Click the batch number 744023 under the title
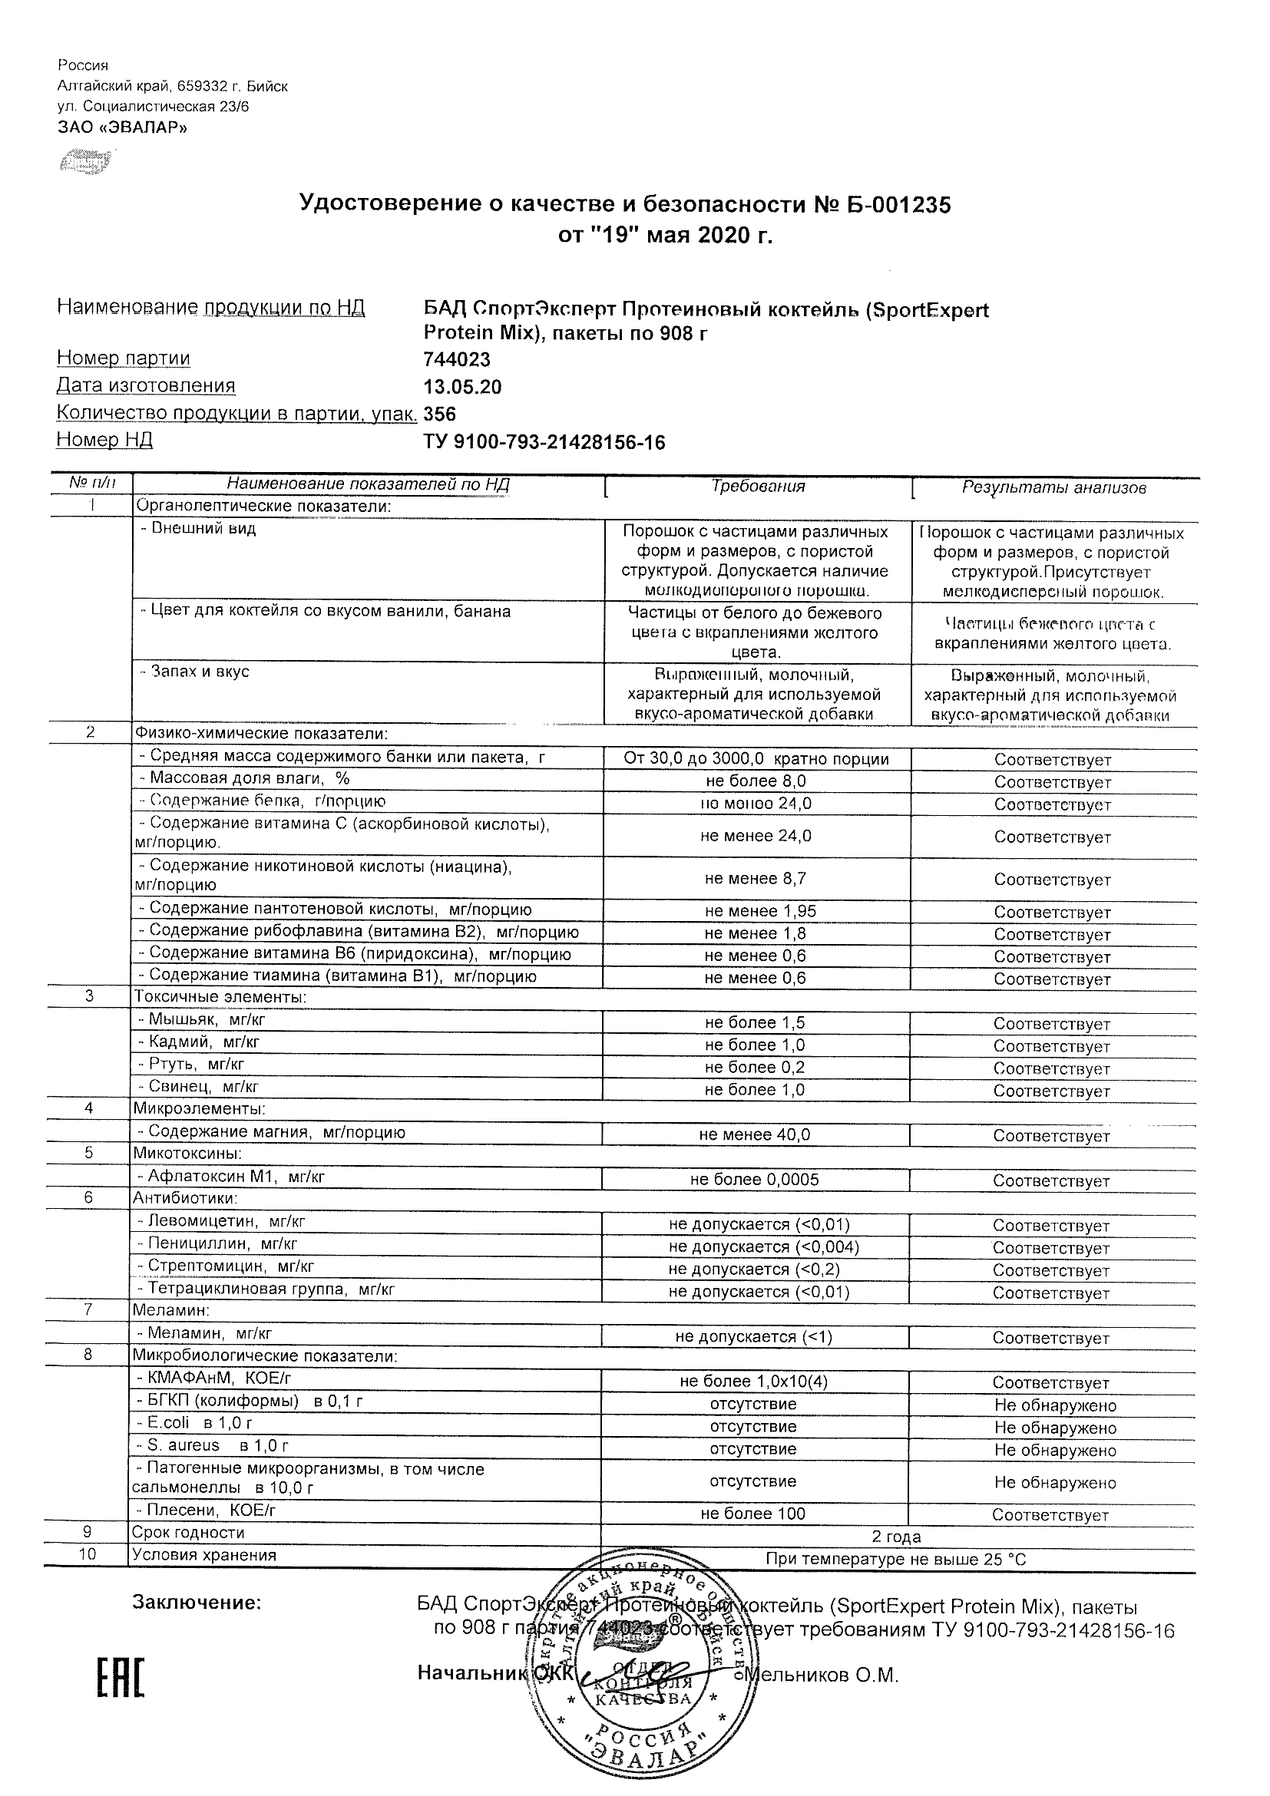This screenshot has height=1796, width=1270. [457, 360]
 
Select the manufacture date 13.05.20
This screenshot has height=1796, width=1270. [462, 387]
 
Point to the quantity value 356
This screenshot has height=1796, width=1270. [440, 414]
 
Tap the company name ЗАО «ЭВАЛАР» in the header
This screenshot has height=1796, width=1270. [123, 127]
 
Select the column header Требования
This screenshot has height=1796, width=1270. [757, 487]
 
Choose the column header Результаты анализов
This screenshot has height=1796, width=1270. [1053, 488]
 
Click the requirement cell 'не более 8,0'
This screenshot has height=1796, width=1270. [756, 781]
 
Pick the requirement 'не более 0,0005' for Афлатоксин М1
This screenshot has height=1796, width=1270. [754, 1180]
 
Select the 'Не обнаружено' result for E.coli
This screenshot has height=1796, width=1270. [1055, 1428]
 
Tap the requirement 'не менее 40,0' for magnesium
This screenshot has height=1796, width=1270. [755, 1134]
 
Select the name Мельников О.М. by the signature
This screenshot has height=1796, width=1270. [822, 1675]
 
